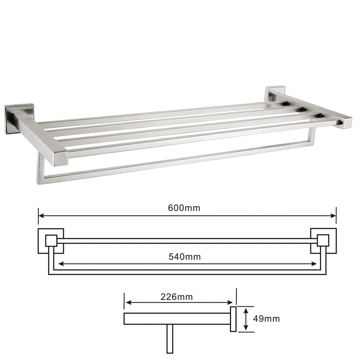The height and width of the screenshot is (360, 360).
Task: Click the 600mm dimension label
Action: tap(184, 208)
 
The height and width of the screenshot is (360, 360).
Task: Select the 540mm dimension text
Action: tap(184, 256)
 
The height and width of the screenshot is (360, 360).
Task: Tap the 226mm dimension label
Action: tap(176, 297)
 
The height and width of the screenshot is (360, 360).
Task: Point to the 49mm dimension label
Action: tap(266, 319)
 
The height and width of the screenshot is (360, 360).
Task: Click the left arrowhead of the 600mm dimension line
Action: tap(41, 216)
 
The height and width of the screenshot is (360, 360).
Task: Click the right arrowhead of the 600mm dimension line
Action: tap(333, 216)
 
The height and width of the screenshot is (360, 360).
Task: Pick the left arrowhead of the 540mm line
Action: tap(61, 264)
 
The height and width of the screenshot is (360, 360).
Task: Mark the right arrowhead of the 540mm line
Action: tap(314, 264)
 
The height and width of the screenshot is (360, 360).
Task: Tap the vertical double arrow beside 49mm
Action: tap(246, 319)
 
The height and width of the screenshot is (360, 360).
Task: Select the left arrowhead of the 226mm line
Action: tap(129, 302)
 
